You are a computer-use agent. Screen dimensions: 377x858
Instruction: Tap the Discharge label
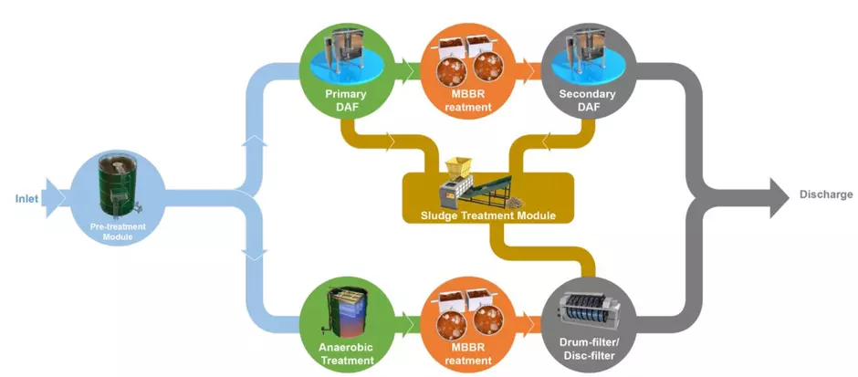[825, 194]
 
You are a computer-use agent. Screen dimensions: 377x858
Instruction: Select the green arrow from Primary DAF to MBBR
[402, 67]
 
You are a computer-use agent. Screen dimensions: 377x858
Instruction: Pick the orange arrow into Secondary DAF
[527, 67]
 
